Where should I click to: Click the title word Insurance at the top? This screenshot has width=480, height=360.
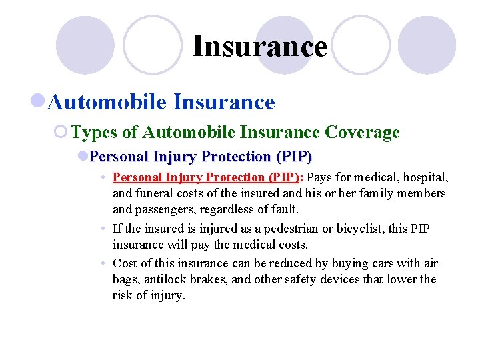click(260, 47)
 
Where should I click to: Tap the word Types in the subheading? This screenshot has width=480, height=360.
click(94, 133)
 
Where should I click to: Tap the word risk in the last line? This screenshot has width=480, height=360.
click(123, 295)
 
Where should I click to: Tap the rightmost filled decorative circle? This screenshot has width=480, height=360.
click(427, 45)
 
